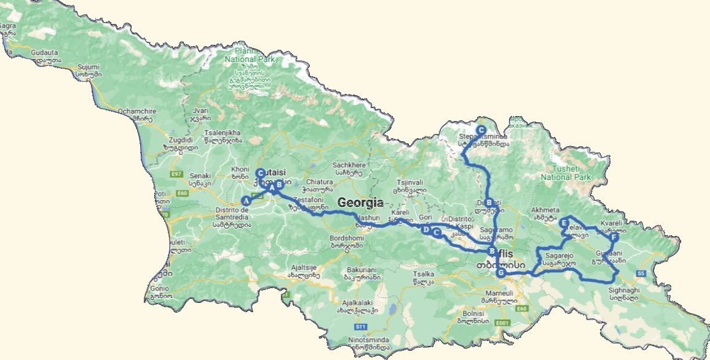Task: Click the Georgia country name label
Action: (360, 203)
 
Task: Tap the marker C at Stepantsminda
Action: (481, 122)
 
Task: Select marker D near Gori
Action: (425, 229)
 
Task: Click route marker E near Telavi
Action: (564, 223)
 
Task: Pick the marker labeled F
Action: (613, 238)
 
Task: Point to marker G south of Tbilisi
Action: (502, 273)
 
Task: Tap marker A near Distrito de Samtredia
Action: (246, 200)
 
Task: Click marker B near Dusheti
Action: (489, 203)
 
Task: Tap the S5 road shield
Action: (641, 273)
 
